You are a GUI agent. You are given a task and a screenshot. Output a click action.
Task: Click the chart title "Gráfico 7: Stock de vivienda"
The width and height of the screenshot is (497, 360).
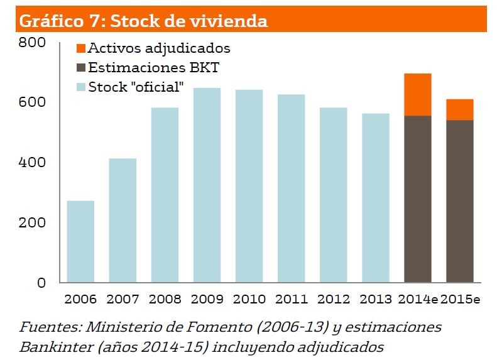144,21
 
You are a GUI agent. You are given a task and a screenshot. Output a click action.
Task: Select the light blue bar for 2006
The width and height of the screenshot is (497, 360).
80,242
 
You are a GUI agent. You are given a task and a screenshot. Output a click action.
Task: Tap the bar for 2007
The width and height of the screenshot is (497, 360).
123,221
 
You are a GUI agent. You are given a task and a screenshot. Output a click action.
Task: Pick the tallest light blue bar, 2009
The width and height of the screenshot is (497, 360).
207,185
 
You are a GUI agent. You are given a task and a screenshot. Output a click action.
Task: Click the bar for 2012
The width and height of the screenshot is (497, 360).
333,195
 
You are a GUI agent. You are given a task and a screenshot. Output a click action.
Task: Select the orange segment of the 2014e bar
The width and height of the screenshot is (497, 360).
418,95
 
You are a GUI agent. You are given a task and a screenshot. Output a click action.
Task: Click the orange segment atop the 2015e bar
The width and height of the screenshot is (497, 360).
460,110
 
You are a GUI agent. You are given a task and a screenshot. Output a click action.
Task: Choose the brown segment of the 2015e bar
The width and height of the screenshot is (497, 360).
460,201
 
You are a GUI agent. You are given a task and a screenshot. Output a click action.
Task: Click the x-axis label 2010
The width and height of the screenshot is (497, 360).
249,299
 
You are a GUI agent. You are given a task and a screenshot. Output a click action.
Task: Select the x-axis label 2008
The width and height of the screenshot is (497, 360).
165,299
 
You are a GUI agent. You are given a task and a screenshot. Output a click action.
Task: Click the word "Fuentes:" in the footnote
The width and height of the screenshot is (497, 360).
50,327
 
